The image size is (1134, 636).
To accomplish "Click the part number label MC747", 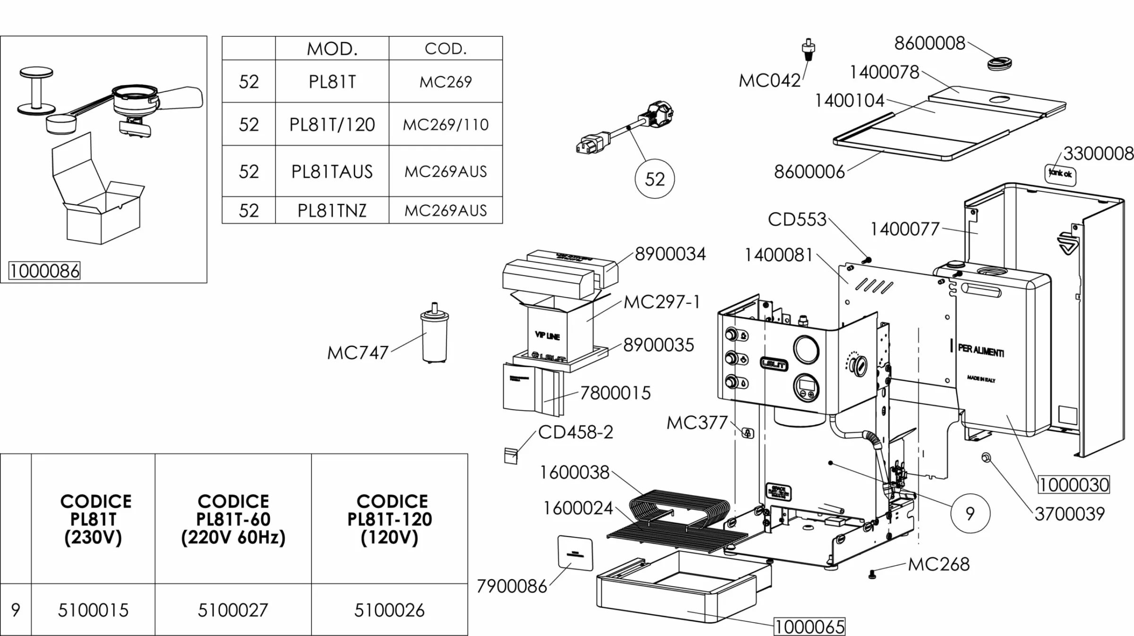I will point(358,352).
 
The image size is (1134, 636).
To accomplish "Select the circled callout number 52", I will point(654,179).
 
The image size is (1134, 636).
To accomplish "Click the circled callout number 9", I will point(970,514).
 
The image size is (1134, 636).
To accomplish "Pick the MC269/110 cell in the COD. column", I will point(446,125).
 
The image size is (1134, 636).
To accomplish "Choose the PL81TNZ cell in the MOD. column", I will point(332,210).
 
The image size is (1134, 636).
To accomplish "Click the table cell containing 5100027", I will point(233,610).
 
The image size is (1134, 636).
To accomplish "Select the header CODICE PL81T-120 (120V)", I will point(389,519).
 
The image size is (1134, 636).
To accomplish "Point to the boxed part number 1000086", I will point(44,271).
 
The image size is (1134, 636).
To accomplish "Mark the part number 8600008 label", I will point(929,43).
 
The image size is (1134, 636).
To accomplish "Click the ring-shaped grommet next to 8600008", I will point(999,63).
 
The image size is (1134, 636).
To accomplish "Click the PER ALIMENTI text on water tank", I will point(981,351).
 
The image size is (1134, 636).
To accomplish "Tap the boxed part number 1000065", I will point(809,627).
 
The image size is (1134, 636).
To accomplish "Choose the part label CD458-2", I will point(576,432).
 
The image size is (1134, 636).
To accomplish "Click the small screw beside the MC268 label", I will point(872,575).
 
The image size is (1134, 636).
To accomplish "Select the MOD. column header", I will point(332,49).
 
